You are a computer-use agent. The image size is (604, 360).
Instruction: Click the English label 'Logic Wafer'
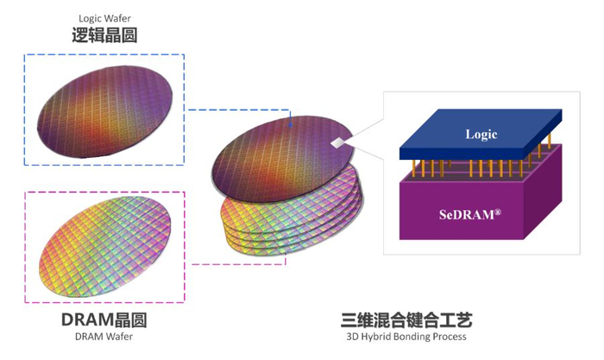[x=104, y=18]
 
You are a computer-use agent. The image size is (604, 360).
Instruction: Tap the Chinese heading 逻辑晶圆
[x=104, y=35]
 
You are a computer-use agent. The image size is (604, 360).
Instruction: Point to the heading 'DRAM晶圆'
[x=104, y=320]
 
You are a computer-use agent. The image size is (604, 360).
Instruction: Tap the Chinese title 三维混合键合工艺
[x=406, y=319]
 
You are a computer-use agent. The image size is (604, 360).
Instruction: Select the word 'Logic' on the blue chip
[x=481, y=134]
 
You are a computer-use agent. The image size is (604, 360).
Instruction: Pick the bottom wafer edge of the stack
[x=285, y=250]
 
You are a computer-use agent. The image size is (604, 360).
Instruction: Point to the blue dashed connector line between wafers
[x=242, y=110]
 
